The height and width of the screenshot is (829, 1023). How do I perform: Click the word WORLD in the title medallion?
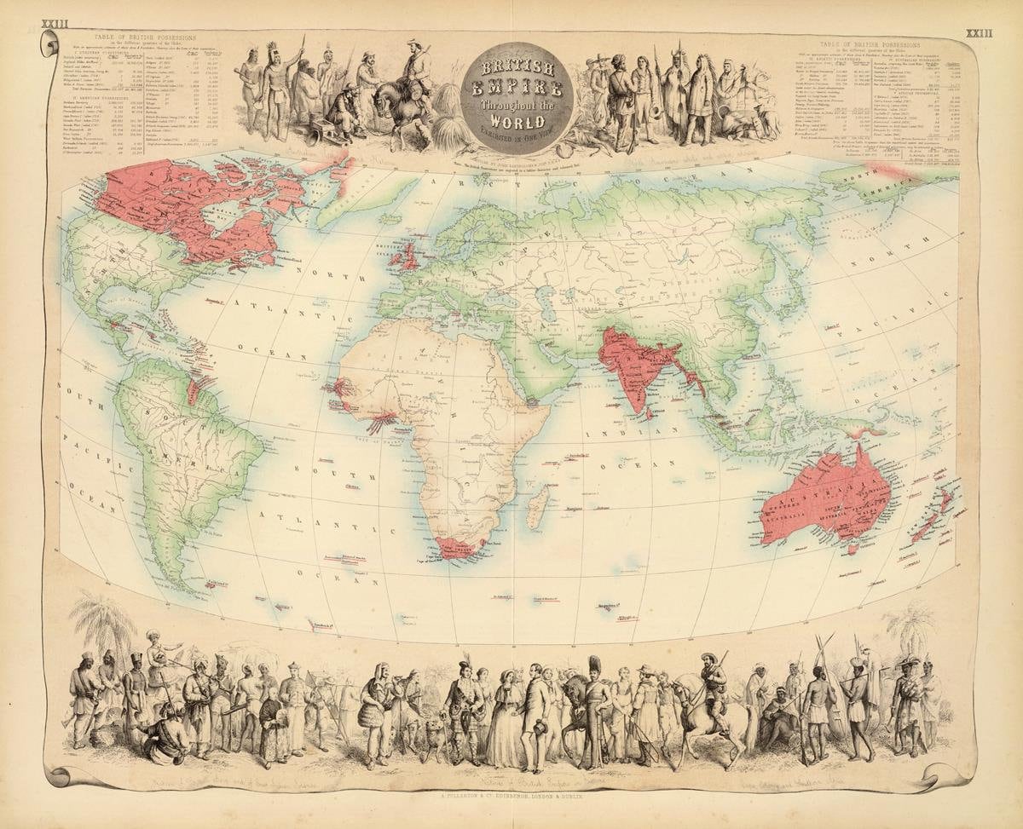tap(517, 120)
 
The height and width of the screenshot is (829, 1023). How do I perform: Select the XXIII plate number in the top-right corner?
tap(978, 33)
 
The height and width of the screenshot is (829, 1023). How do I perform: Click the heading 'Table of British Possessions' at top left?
tap(146, 38)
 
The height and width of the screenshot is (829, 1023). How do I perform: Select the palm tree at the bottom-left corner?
tap(102, 622)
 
